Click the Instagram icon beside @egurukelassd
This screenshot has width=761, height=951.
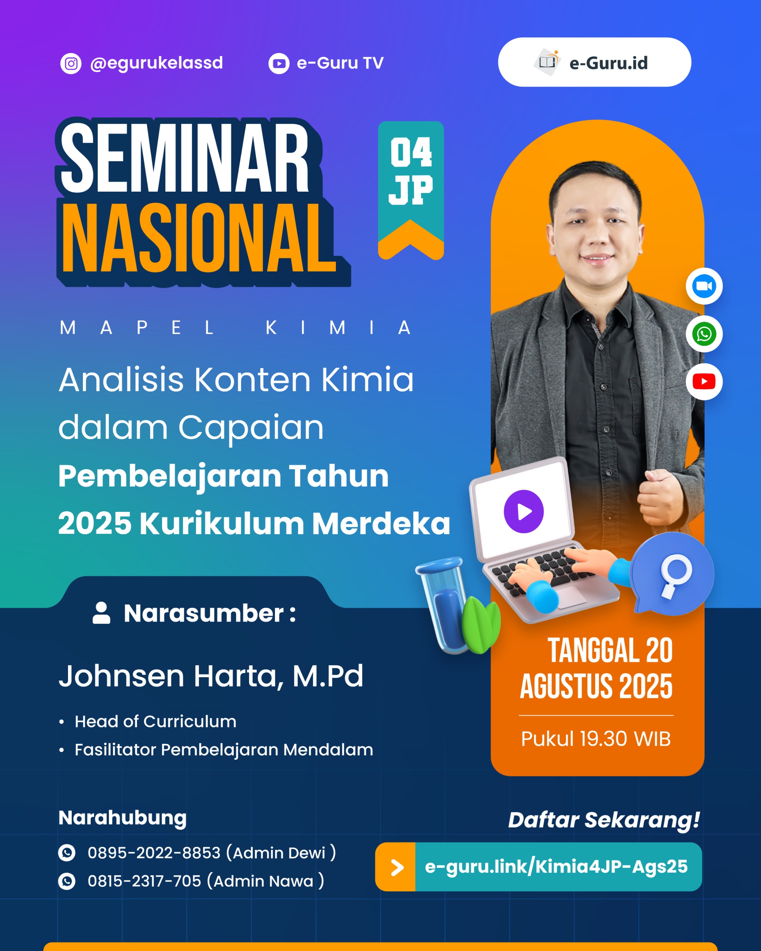tap(71, 64)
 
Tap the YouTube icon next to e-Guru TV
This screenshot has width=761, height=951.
tap(279, 64)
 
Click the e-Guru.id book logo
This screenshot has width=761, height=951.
tap(547, 62)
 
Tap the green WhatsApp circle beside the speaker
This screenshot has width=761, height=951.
tap(704, 334)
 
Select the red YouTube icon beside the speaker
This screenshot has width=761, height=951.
tap(704, 382)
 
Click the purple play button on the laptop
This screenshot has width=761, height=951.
tap(524, 512)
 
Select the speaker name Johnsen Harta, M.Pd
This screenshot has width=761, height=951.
tap(211, 676)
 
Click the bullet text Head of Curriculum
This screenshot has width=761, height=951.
tap(155, 722)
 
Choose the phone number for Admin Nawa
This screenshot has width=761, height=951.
tap(144, 881)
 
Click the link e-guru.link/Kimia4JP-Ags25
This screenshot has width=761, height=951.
tap(556, 867)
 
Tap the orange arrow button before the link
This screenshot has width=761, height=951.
tap(396, 867)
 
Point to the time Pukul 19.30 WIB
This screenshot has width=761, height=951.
tap(596, 739)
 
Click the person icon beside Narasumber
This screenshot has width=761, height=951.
tap(101, 613)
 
